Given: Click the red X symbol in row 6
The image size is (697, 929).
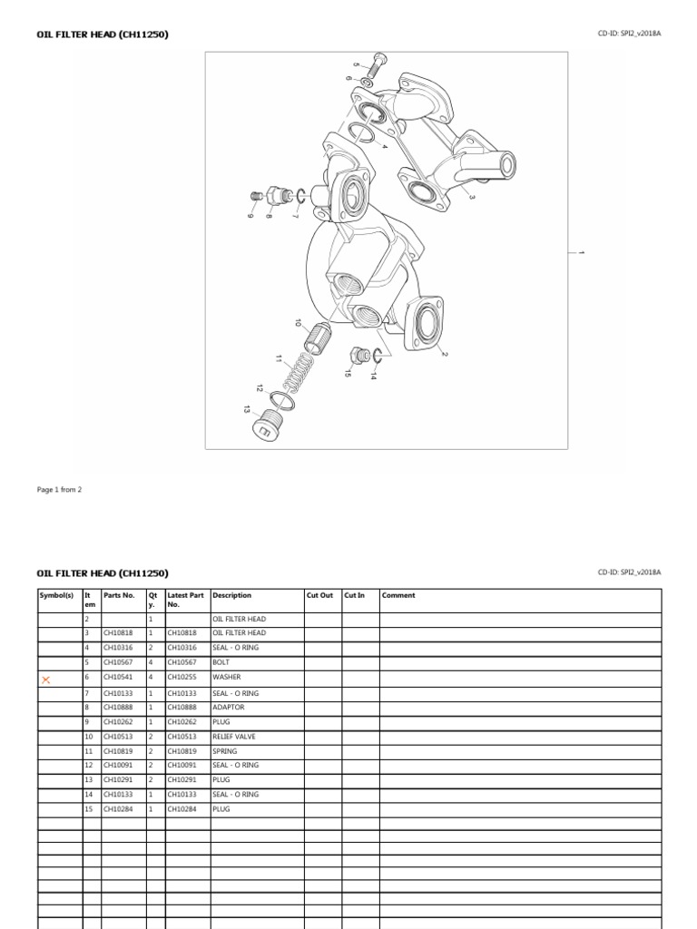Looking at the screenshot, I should (45, 679).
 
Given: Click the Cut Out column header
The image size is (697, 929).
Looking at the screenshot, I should (319, 596).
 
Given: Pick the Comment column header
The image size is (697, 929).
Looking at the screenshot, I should (398, 596).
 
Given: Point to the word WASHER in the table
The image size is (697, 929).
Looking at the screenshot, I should (227, 677).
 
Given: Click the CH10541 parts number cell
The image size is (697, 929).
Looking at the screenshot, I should (119, 677).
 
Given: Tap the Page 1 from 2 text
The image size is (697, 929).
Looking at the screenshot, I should (59, 489).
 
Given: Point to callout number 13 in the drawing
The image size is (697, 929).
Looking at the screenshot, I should (246, 410).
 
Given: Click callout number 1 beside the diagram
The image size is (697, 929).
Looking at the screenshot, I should (581, 251).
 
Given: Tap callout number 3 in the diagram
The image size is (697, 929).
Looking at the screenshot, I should (472, 196).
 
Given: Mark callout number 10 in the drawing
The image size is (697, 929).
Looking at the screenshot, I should (298, 322).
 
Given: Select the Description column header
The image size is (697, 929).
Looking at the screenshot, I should (232, 596).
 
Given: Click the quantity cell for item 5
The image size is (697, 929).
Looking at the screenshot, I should (152, 662).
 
